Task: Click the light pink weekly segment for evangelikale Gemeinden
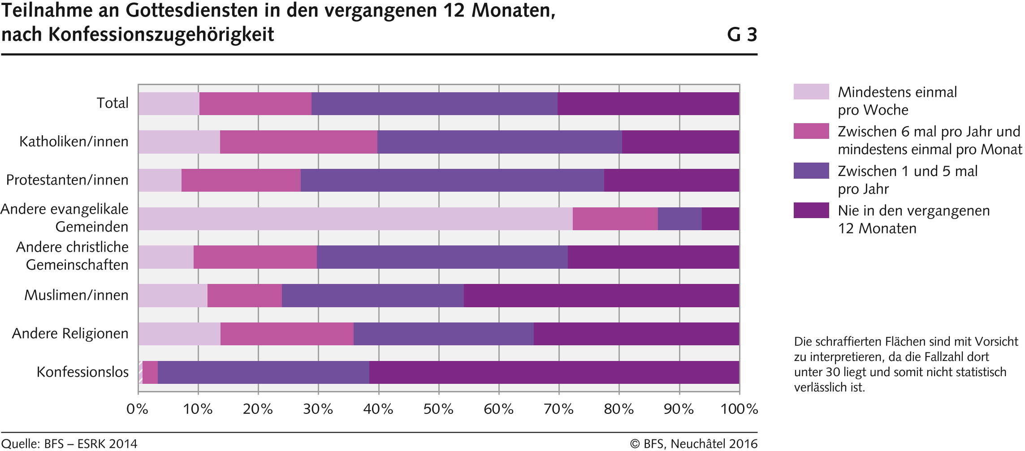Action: tap(355, 219)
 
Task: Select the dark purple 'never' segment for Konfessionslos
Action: tap(554, 373)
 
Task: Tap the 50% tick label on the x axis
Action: tap(438, 409)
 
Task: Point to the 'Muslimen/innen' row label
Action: tap(76, 295)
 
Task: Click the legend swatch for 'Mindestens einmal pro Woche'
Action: tap(811, 92)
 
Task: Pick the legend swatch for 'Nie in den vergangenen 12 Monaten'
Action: tap(811, 210)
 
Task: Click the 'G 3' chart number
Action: tap(742, 35)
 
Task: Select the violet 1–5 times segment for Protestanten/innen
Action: tap(452, 180)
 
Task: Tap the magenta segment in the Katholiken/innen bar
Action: tap(298, 142)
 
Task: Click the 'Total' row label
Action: tap(112, 103)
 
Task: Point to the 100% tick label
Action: tap(739, 409)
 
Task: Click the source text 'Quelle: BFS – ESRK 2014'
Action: tap(69, 444)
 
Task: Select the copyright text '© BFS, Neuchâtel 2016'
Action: tap(693, 444)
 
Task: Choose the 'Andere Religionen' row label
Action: tap(70, 334)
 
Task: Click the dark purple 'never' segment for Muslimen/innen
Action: tap(601, 296)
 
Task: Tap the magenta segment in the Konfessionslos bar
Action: tap(150, 373)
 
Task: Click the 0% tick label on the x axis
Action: tap(137, 409)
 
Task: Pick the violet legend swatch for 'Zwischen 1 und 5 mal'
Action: tap(811, 171)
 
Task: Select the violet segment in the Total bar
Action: tap(434, 104)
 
